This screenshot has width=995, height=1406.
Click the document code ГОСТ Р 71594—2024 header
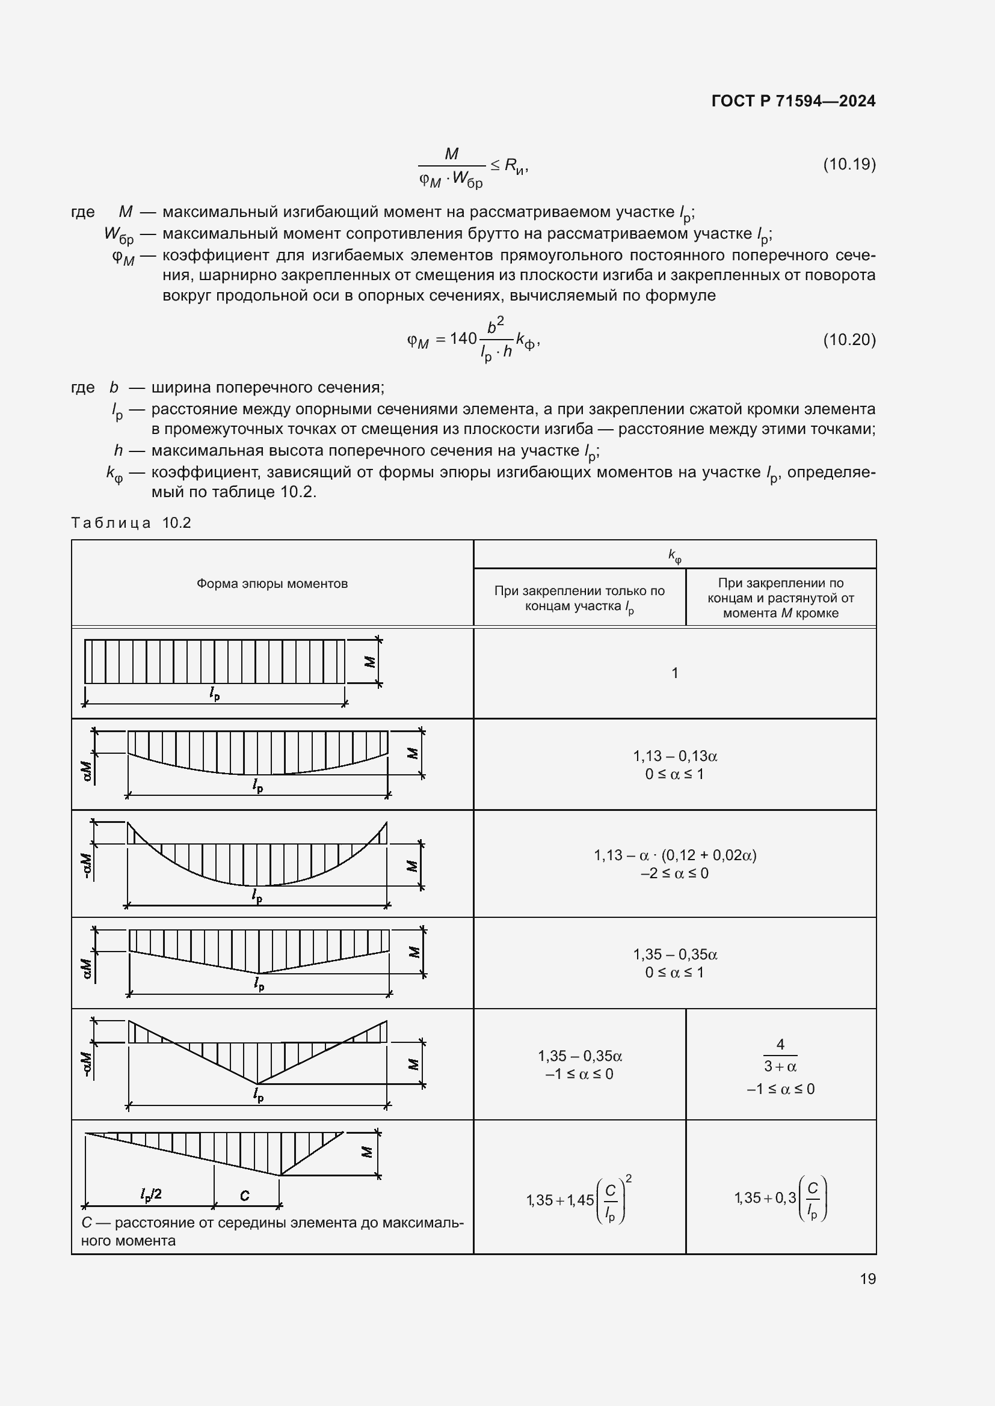tap(793, 101)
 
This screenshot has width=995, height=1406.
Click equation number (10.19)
tap(849, 164)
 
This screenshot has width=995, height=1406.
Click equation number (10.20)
tap(849, 339)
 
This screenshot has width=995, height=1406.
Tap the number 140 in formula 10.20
tap(463, 338)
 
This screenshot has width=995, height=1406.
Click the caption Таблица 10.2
tap(131, 522)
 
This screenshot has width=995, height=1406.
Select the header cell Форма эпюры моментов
tap(272, 584)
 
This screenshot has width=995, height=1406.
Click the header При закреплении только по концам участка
tap(579, 598)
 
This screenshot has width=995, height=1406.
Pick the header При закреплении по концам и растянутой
tap(781, 598)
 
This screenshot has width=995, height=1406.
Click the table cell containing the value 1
tap(674, 673)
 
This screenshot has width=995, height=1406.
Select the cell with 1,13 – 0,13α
tap(674, 756)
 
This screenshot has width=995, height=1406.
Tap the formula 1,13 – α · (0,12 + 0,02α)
tap(674, 855)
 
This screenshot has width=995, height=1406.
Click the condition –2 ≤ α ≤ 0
tap(674, 873)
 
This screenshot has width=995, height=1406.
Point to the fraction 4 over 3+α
tap(780, 1055)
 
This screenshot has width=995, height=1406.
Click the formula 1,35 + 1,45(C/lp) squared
tap(579, 1200)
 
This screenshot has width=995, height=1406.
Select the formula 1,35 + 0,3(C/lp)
tap(781, 1198)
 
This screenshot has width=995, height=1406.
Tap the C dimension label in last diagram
tap(245, 1196)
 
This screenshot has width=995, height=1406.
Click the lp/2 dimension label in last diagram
tap(150, 1194)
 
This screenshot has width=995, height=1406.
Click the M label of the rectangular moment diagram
tap(369, 661)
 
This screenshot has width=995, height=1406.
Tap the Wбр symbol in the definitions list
tap(119, 234)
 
